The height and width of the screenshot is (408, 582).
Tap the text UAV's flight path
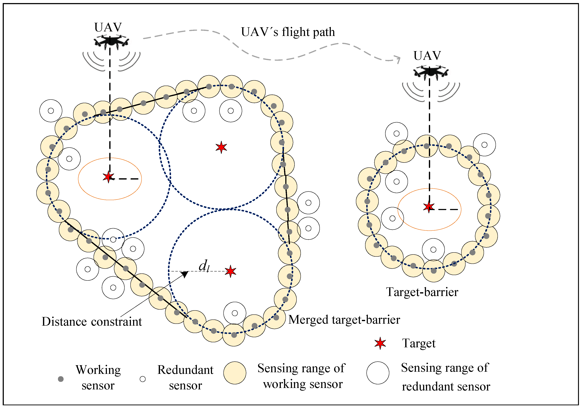click(x=288, y=32)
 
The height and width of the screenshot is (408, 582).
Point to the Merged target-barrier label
click(x=344, y=320)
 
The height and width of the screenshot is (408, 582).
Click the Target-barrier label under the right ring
click(x=422, y=292)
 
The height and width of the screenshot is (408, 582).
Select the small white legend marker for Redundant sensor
click(x=143, y=379)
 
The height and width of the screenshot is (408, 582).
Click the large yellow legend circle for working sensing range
click(x=235, y=373)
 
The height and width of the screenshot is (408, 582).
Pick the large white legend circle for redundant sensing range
click(x=378, y=373)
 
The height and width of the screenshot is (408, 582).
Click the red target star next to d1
click(x=230, y=271)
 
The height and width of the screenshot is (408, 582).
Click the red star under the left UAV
click(x=109, y=177)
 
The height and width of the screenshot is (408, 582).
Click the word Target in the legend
click(x=419, y=344)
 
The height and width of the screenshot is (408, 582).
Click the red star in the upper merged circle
click(x=221, y=147)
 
